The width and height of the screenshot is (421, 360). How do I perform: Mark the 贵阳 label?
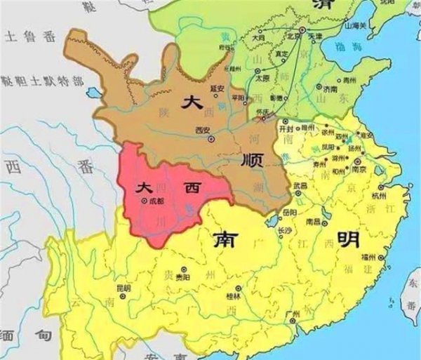coord(182,277)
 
